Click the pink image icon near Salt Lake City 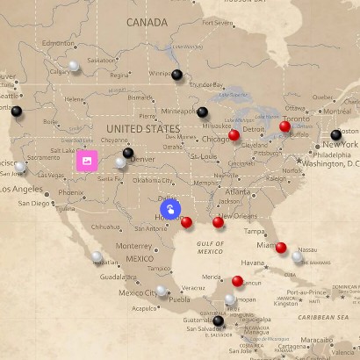click(x=86, y=161)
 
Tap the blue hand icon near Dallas click(x=170, y=209)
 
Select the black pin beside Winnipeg click(x=177, y=76)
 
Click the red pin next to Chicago click(x=234, y=135)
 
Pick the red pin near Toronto click(x=284, y=126)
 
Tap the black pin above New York click(x=335, y=134)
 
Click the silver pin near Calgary click(x=75, y=66)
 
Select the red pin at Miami click(x=281, y=248)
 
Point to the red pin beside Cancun click(x=237, y=281)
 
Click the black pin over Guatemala click(x=219, y=320)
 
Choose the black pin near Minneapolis click(x=203, y=112)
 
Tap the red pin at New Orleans click(x=219, y=222)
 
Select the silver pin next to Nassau click(x=297, y=257)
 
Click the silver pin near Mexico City click(x=161, y=291)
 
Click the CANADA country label click(x=147, y=22)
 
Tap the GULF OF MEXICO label click(x=211, y=247)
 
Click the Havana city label click(x=254, y=263)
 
